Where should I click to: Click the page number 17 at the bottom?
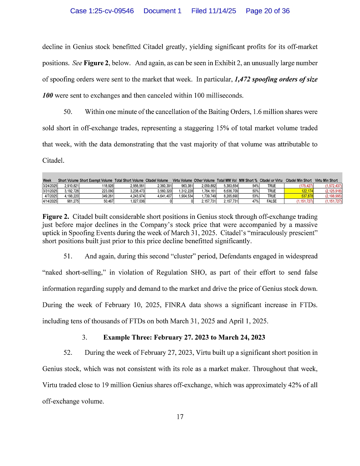(x=180, y=417)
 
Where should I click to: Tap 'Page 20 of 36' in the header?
(x=268, y=11)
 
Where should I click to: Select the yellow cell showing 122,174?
(x=299, y=191)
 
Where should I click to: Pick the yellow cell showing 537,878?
(x=299, y=196)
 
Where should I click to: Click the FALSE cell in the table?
(x=272, y=201)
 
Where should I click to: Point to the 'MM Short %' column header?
(x=248, y=181)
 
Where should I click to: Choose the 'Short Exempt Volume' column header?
(x=96, y=181)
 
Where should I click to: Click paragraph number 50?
(x=68, y=112)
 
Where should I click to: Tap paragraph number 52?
(x=68, y=352)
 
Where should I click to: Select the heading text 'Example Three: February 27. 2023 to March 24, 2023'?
(x=184, y=337)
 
